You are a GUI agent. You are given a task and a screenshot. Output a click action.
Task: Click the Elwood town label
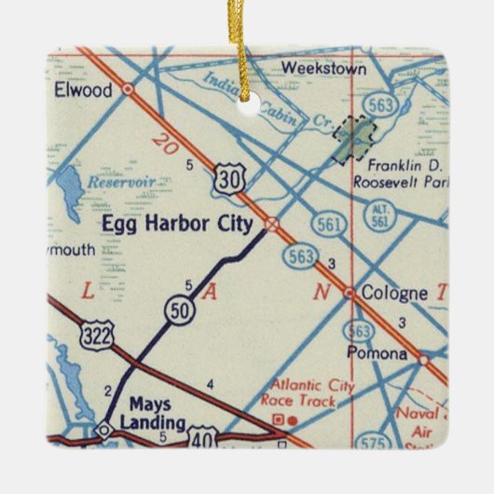pos(83,90)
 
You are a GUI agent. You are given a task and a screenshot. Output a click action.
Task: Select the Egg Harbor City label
pos(180,224)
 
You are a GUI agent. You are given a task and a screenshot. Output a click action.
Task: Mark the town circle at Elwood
pos(128,90)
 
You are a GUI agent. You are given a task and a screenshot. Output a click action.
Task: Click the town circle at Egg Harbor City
pos(271,224)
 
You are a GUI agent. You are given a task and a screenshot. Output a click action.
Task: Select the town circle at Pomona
pos(423,357)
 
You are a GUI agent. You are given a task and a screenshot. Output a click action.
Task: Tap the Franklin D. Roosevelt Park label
pos(396,172)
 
